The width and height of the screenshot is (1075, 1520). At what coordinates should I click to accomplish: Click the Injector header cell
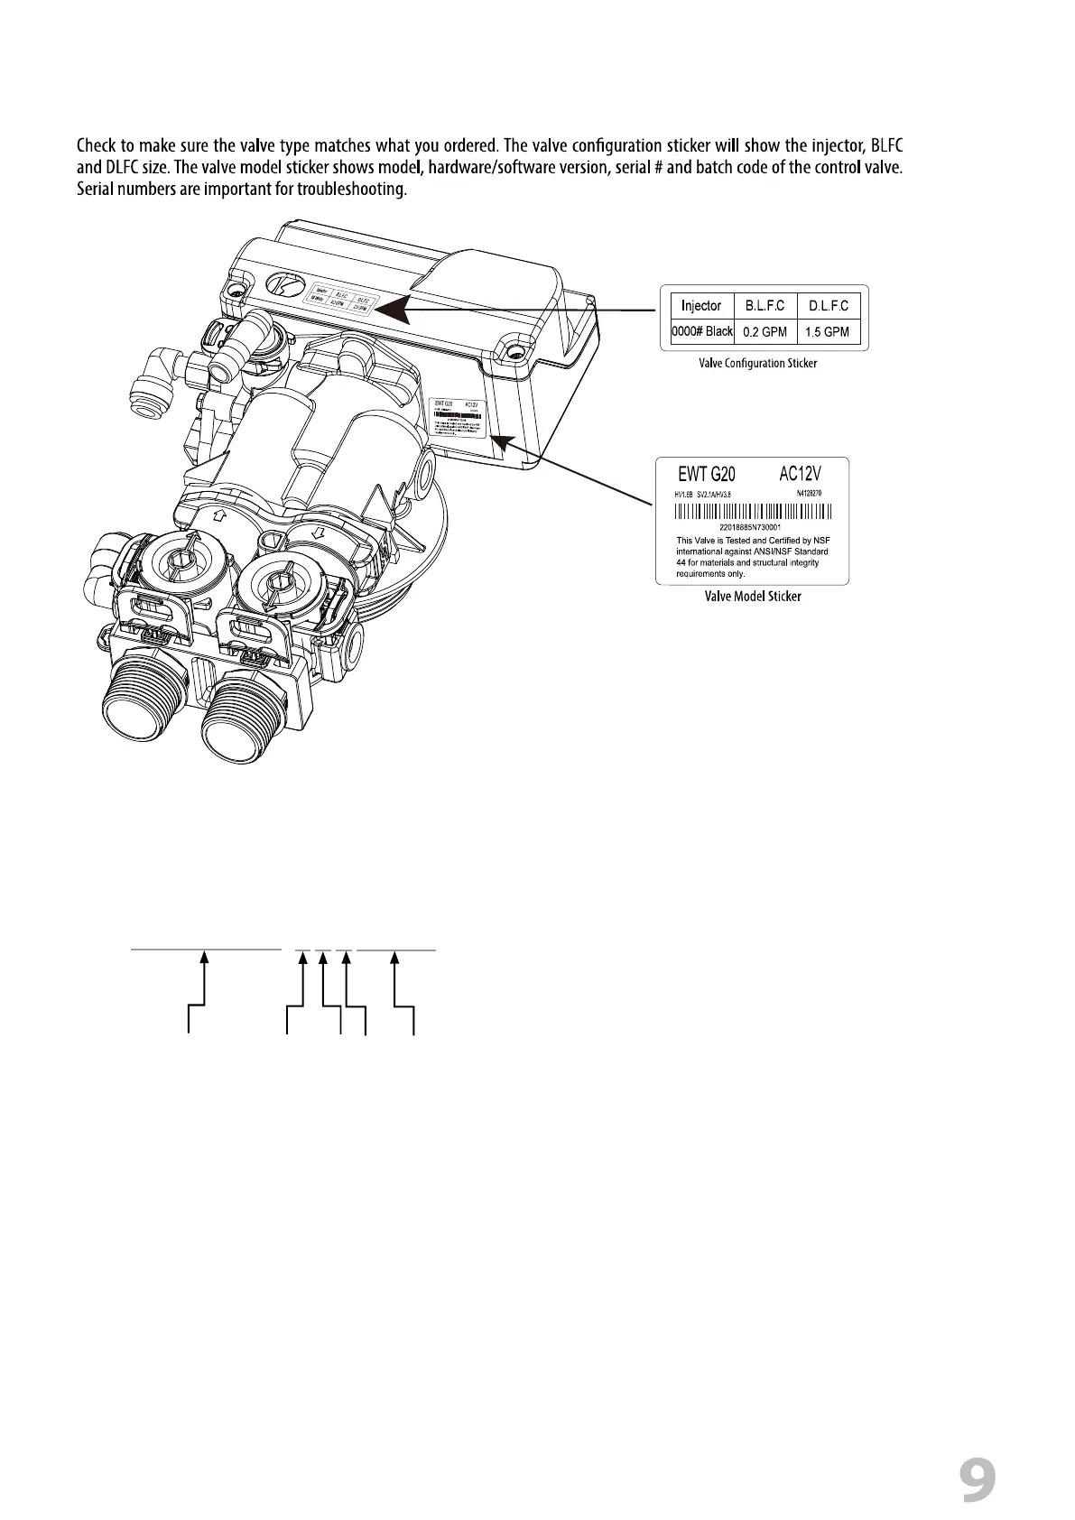pyautogui.click(x=700, y=306)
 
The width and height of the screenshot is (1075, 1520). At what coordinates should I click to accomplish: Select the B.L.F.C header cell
pyautogui.click(x=765, y=306)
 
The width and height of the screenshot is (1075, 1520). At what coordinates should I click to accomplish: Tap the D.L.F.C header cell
pyautogui.click(x=829, y=306)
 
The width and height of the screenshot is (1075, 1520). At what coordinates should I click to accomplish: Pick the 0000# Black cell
pyautogui.click(x=702, y=331)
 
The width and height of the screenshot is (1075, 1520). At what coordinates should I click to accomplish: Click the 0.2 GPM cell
pyautogui.click(x=765, y=332)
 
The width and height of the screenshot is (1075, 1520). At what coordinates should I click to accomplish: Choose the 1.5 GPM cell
pyautogui.click(x=829, y=332)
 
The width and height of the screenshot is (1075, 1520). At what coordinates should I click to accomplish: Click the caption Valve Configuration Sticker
pyautogui.click(x=758, y=363)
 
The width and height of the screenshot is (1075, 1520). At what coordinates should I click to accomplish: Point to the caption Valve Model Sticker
pyautogui.click(x=753, y=597)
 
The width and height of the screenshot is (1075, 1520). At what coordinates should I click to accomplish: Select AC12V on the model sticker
pyautogui.click(x=800, y=471)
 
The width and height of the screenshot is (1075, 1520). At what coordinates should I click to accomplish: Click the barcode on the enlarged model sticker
pyautogui.click(x=754, y=512)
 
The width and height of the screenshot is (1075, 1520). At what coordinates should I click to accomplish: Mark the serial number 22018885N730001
pyautogui.click(x=750, y=527)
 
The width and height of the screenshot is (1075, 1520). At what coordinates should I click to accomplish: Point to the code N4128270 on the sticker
pyautogui.click(x=809, y=493)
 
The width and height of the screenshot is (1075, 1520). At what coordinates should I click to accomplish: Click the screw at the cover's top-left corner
pyautogui.click(x=236, y=291)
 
